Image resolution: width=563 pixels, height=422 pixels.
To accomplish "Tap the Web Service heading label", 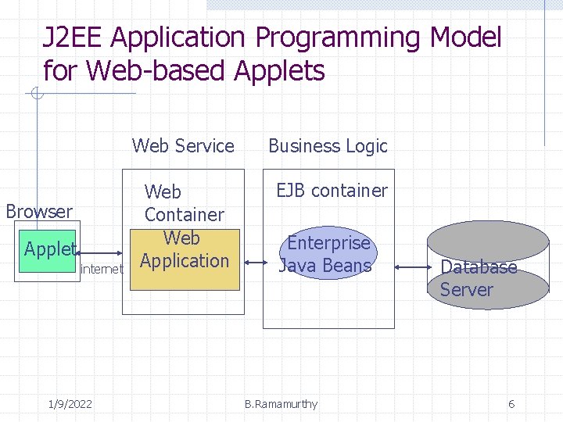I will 183,146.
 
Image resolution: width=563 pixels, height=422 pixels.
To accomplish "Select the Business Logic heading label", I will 328,146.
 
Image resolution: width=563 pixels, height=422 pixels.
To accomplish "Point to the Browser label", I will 39,211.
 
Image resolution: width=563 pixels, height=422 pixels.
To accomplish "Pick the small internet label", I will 102,270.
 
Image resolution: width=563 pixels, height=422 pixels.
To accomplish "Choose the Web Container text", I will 184,202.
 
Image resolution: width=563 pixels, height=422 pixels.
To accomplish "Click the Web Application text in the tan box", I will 184,250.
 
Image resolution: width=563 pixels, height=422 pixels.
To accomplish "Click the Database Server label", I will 478,278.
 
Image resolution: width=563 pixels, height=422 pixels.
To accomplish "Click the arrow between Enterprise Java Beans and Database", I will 411,266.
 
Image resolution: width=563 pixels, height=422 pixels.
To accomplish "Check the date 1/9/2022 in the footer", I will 70,404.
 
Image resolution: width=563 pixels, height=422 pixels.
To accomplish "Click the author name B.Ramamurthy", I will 281,404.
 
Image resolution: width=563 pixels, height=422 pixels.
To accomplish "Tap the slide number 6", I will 511,404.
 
